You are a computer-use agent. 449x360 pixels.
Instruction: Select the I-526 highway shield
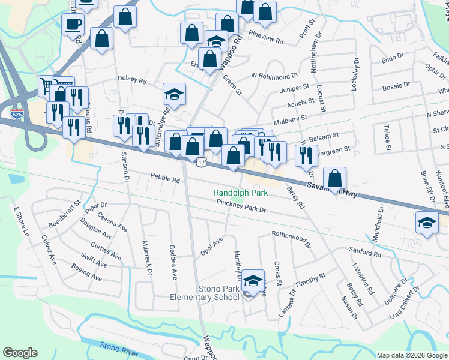[x=17, y=112]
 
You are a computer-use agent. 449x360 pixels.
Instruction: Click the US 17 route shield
[x=202, y=161]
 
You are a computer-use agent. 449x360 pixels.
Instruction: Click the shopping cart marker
[x=46, y=86]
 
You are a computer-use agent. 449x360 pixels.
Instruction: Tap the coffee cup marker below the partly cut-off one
[x=73, y=24]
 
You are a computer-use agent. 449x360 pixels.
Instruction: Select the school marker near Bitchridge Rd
[x=174, y=94]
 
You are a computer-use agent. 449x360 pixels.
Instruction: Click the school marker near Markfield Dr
[x=427, y=223]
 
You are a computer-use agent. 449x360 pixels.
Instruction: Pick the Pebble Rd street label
[x=165, y=179]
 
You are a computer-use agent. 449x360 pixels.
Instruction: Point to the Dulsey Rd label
[x=132, y=79]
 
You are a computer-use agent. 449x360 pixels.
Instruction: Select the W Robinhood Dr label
[x=274, y=76]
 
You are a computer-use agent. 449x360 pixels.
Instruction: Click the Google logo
[x=20, y=353]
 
